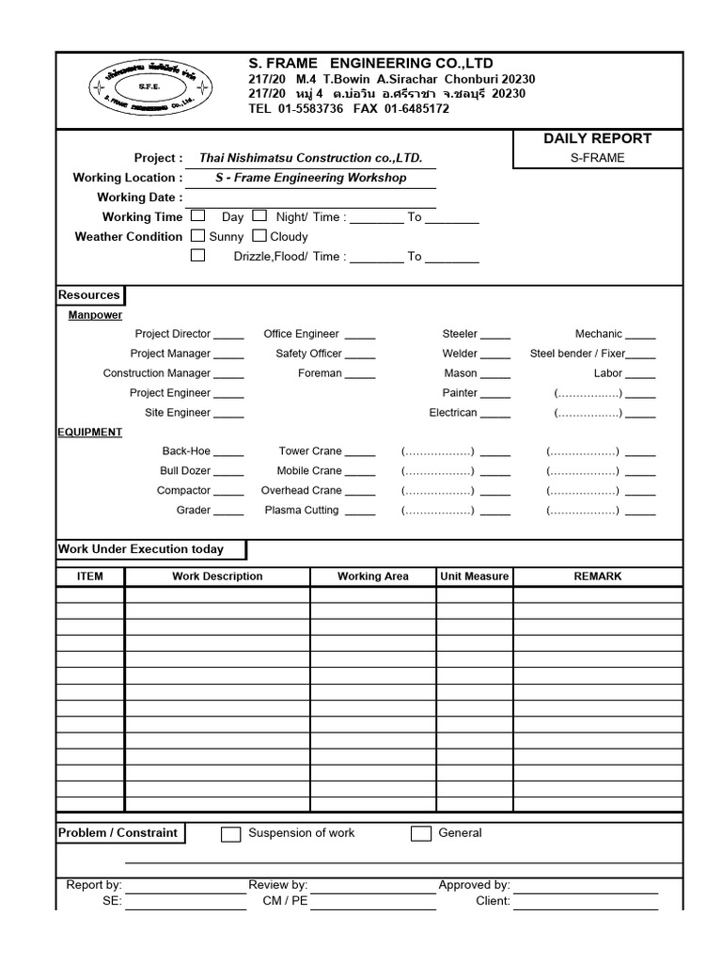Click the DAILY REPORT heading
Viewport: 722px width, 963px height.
click(x=597, y=138)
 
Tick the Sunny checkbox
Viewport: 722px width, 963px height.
click(x=197, y=236)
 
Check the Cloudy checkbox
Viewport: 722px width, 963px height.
click(x=259, y=236)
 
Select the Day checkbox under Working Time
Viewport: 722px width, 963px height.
click(x=197, y=216)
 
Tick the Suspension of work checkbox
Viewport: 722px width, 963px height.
click(x=231, y=834)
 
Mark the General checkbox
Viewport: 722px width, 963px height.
click(x=421, y=834)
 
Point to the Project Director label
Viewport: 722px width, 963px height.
click(x=173, y=334)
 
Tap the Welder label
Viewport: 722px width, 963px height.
click(x=461, y=354)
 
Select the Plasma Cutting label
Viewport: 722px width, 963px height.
click(x=301, y=511)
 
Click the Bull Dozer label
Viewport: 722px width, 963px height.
click(x=185, y=471)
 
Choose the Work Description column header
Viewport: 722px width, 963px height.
click(x=217, y=576)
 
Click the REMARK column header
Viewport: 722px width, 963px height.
click(x=597, y=576)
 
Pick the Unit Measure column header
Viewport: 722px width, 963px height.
click(x=474, y=576)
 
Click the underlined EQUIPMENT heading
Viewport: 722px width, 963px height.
click(x=90, y=433)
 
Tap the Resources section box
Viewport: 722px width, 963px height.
click(x=89, y=295)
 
